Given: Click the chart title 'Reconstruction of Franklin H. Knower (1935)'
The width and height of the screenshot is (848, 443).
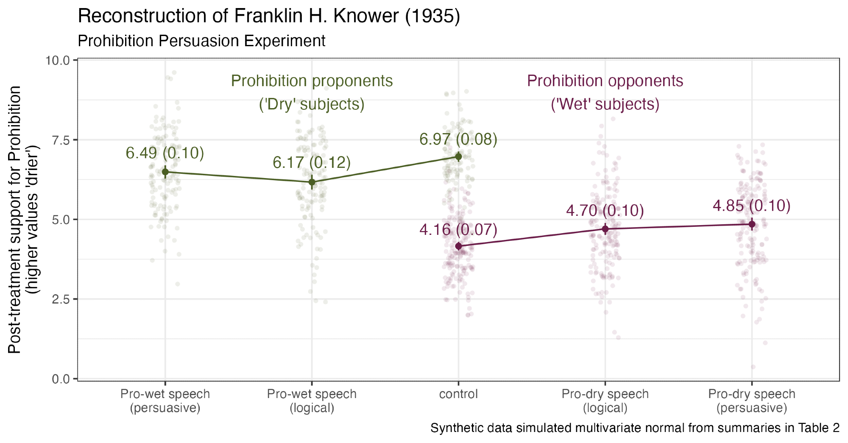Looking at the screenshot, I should click(269, 16).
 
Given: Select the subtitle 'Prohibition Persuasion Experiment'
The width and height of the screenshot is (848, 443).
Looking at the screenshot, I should click(201, 41).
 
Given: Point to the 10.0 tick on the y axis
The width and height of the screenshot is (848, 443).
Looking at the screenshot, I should click(58, 60).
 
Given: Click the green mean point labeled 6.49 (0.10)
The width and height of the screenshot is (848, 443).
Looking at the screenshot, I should click(165, 172).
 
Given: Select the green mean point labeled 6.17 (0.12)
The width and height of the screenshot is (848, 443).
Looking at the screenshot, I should click(312, 182).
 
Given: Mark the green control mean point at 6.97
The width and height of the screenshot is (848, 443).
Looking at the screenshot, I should click(458, 156).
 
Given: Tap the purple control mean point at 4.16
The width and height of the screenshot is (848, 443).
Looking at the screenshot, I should click(458, 246).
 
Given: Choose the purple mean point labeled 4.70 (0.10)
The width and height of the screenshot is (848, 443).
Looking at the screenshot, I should click(605, 229).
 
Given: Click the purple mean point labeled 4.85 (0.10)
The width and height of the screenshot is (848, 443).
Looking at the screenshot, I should click(752, 224).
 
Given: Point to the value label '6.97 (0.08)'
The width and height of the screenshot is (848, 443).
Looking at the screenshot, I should click(458, 139).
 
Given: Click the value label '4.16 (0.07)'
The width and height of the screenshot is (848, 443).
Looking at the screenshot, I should click(458, 230).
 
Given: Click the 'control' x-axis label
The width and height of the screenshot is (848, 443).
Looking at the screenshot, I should click(458, 394).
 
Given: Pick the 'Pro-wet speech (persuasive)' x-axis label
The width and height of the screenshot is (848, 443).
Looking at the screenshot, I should click(165, 401).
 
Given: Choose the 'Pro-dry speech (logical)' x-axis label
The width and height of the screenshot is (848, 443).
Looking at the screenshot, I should click(605, 401).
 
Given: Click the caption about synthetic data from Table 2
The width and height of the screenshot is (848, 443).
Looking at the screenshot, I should click(635, 428).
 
